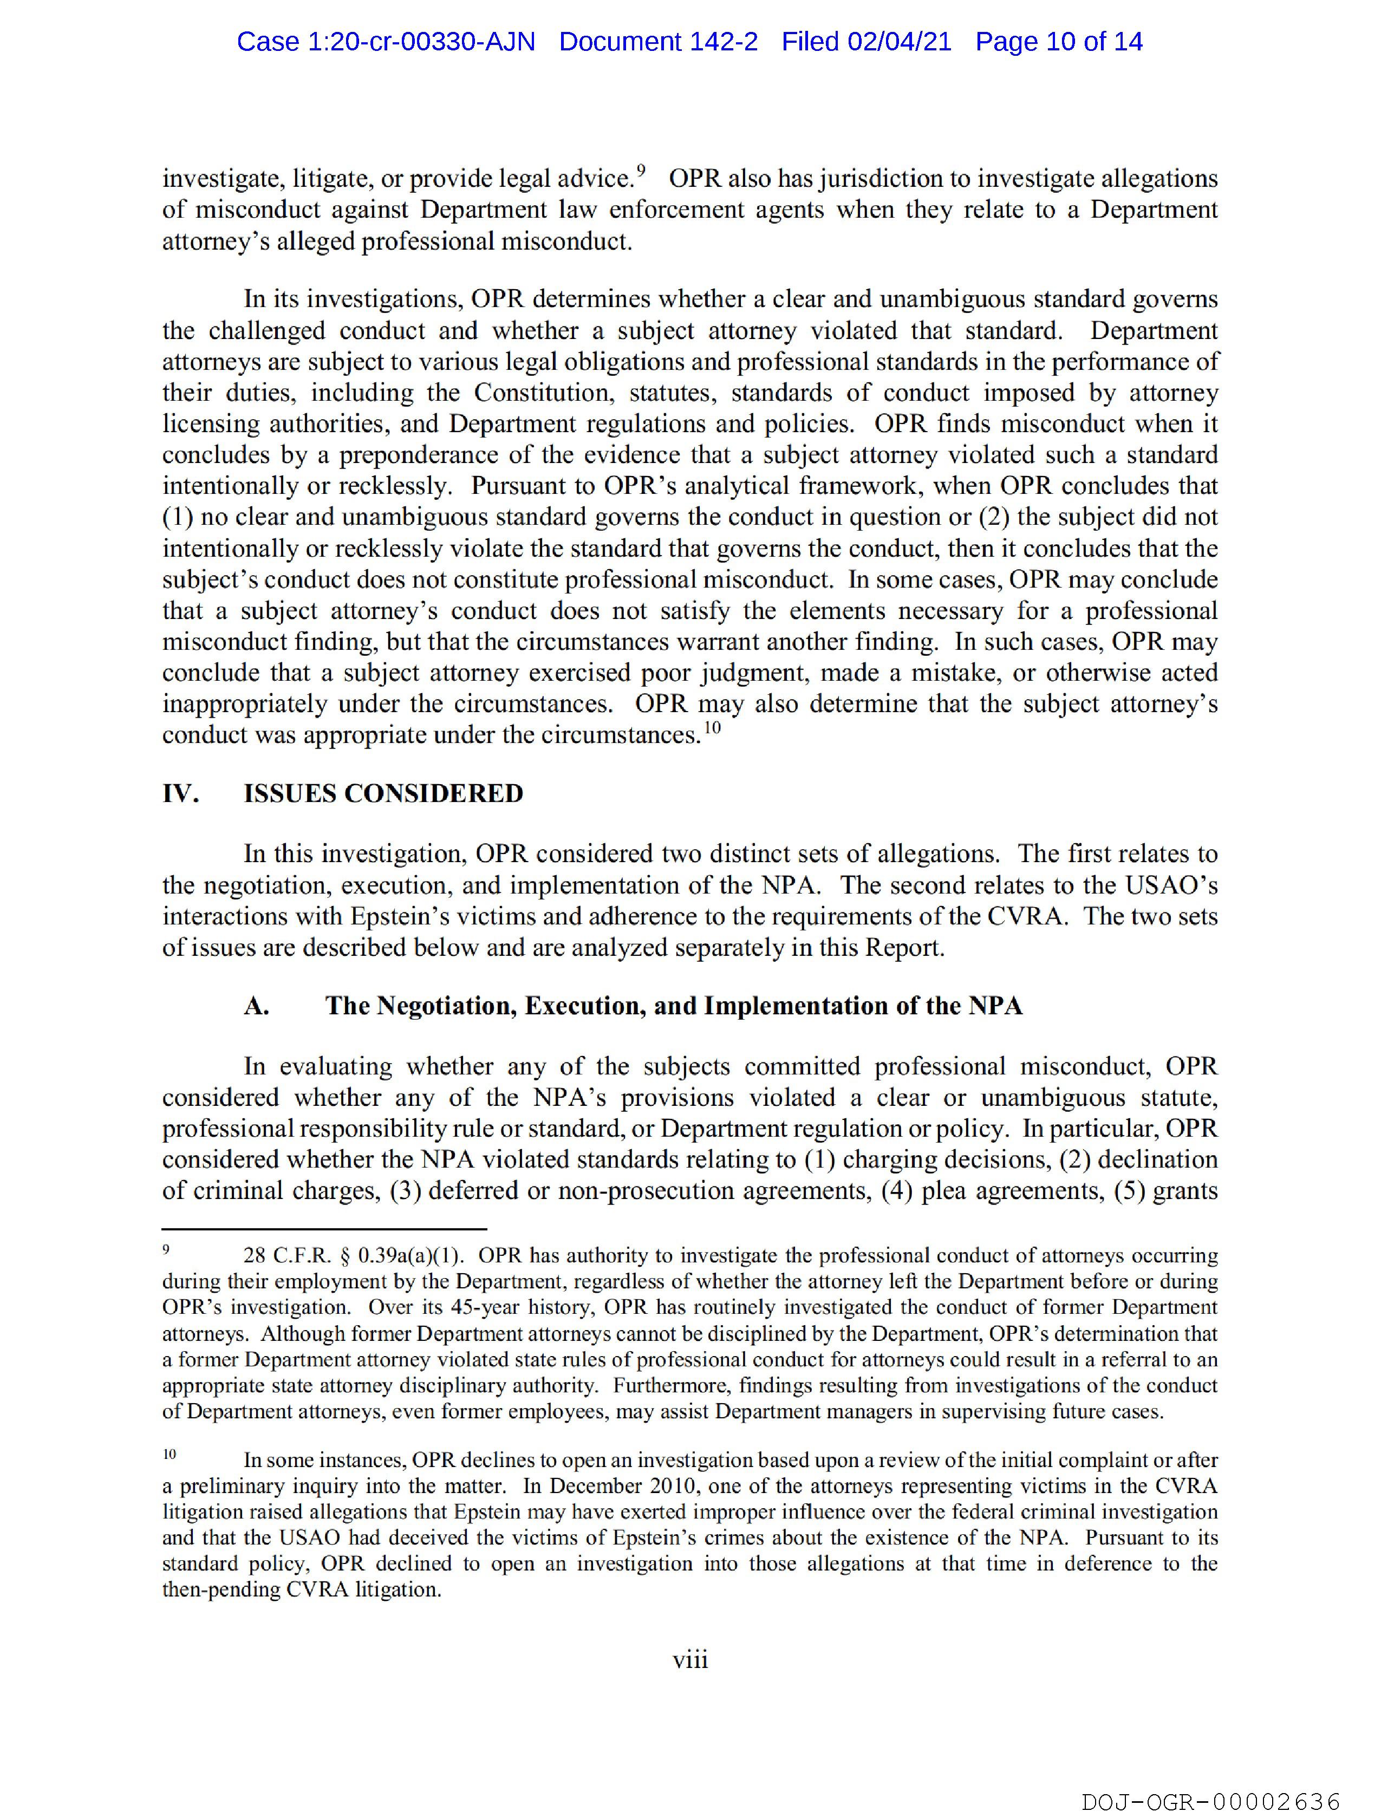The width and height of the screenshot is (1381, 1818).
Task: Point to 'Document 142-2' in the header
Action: [659, 42]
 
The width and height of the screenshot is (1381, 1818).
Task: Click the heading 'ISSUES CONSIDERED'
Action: [383, 793]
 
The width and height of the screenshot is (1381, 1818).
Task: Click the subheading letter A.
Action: [257, 1006]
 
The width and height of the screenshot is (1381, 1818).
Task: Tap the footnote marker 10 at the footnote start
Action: [170, 1454]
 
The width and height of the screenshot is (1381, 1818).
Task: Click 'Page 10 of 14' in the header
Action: [1059, 42]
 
